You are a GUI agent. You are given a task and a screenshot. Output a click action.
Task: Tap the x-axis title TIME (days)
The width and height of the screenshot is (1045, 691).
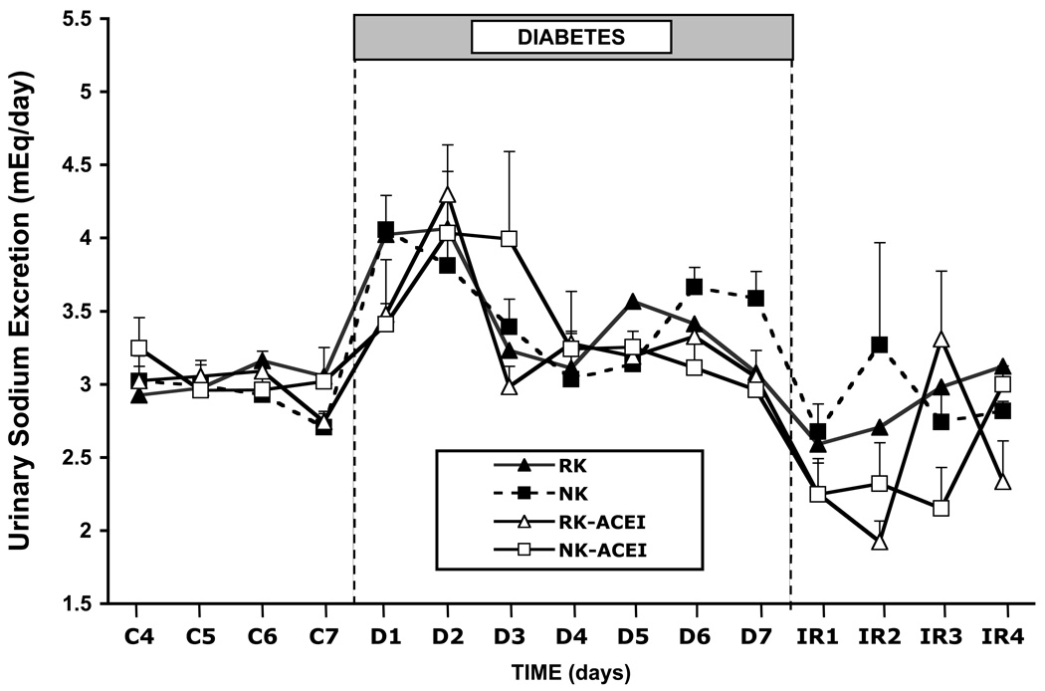[x=571, y=672]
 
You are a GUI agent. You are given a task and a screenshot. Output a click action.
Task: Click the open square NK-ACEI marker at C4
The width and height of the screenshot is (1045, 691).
[x=138, y=348]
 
